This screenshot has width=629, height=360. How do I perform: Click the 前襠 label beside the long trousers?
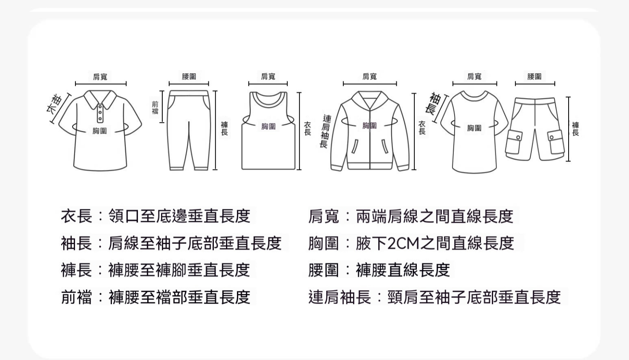155,108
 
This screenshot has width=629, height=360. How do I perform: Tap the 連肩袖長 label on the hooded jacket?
325,131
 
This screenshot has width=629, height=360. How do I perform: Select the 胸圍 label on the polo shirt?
100,130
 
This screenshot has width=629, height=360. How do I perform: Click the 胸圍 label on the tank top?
268,126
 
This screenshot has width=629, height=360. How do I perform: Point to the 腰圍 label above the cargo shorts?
534,76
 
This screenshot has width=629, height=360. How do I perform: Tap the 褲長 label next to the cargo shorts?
575,129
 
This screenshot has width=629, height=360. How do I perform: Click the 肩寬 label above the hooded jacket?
369,76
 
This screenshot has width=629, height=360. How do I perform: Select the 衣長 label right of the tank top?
308,128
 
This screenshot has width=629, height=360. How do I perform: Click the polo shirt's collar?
100,99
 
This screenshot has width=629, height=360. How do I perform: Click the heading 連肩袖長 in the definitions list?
340,297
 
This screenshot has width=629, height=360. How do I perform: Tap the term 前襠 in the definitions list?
76,297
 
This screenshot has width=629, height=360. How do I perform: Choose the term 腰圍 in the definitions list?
323,270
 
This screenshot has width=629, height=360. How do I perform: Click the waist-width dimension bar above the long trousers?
189,84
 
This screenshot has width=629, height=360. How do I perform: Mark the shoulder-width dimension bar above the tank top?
268,84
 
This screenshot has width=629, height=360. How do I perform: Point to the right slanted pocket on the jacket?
385,146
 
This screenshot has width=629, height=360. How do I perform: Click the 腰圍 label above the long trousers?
189,76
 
